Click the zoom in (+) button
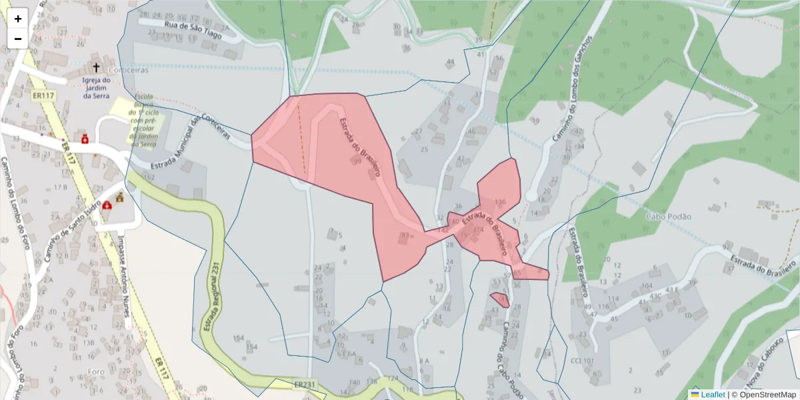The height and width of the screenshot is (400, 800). pyautogui.click(x=18, y=19)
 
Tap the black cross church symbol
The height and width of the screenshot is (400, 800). pyautogui.click(x=96, y=67)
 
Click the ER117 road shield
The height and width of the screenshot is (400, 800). pyautogui.click(x=43, y=96)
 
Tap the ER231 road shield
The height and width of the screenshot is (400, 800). pyautogui.click(x=304, y=385)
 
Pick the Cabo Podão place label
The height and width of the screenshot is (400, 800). pyautogui.click(x=668, y=217)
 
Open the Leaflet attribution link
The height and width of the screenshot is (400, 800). pyautogui.click(x=713, y=395)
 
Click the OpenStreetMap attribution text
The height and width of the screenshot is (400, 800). pyautogui.click(x=767, y=395)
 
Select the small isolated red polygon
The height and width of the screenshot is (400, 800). pyautogui.click(x=500, y=300)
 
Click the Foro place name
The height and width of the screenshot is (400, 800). pyautogui.click(x=95, y=371)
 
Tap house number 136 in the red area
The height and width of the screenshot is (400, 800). pyautogui.click(x=500, y=201)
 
